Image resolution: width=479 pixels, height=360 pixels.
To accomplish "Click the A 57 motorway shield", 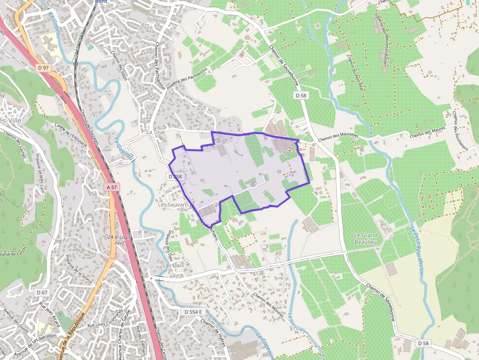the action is pos(112,187).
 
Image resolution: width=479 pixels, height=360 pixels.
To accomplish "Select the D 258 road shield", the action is pos(174,176).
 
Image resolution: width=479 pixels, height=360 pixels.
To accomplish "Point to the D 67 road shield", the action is pos(42,292).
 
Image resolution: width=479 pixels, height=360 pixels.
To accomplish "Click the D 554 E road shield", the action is pos(193,311).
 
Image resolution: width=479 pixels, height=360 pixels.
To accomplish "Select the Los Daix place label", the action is pos(173,266).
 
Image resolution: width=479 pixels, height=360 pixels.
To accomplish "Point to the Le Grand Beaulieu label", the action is pos(366,238).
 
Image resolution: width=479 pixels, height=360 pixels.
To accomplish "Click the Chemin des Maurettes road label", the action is pos(338,138).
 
